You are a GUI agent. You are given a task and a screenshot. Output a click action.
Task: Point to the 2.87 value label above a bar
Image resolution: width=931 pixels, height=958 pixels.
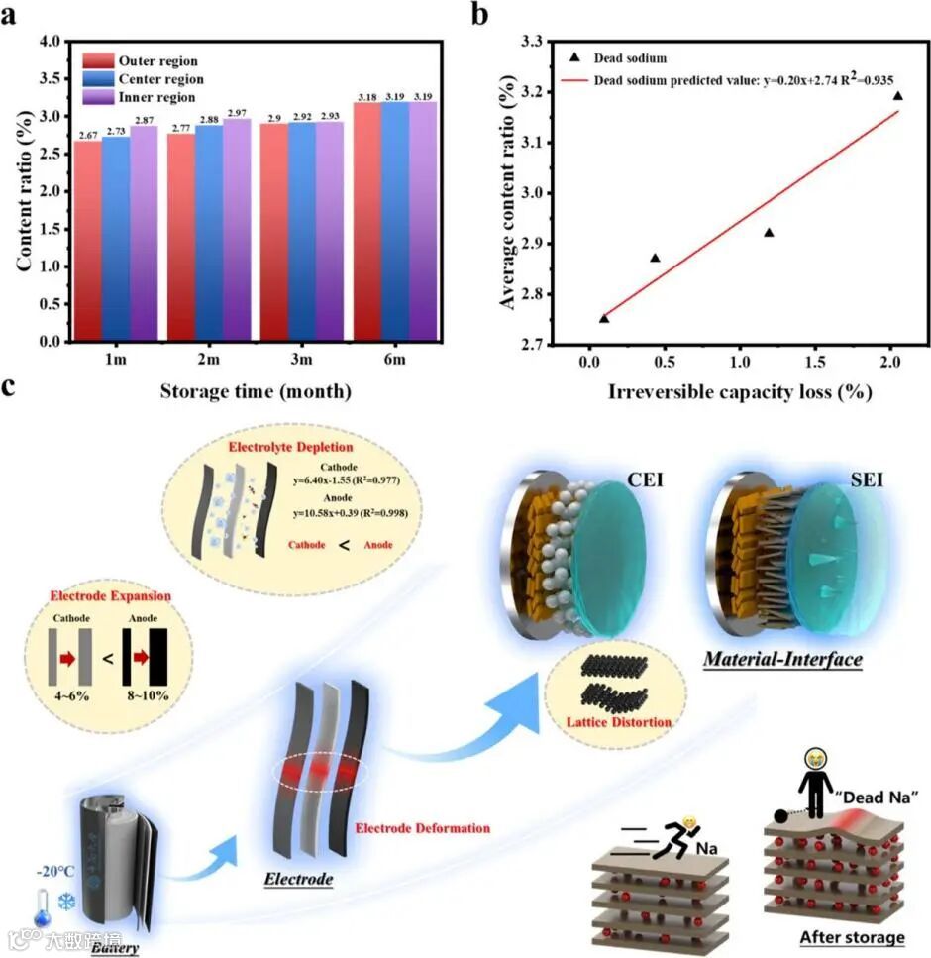tap(145, 119)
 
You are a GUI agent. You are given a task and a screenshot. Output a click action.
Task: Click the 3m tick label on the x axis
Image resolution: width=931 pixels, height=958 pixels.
tap(302, 362)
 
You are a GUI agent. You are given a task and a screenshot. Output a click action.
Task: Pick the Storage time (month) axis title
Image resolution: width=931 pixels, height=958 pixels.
tap(256, 391)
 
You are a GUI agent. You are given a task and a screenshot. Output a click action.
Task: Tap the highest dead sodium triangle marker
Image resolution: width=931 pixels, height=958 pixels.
tap(897, 95)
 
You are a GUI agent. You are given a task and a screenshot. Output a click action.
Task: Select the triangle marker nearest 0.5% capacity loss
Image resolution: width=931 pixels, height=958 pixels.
tap(655, 258)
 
